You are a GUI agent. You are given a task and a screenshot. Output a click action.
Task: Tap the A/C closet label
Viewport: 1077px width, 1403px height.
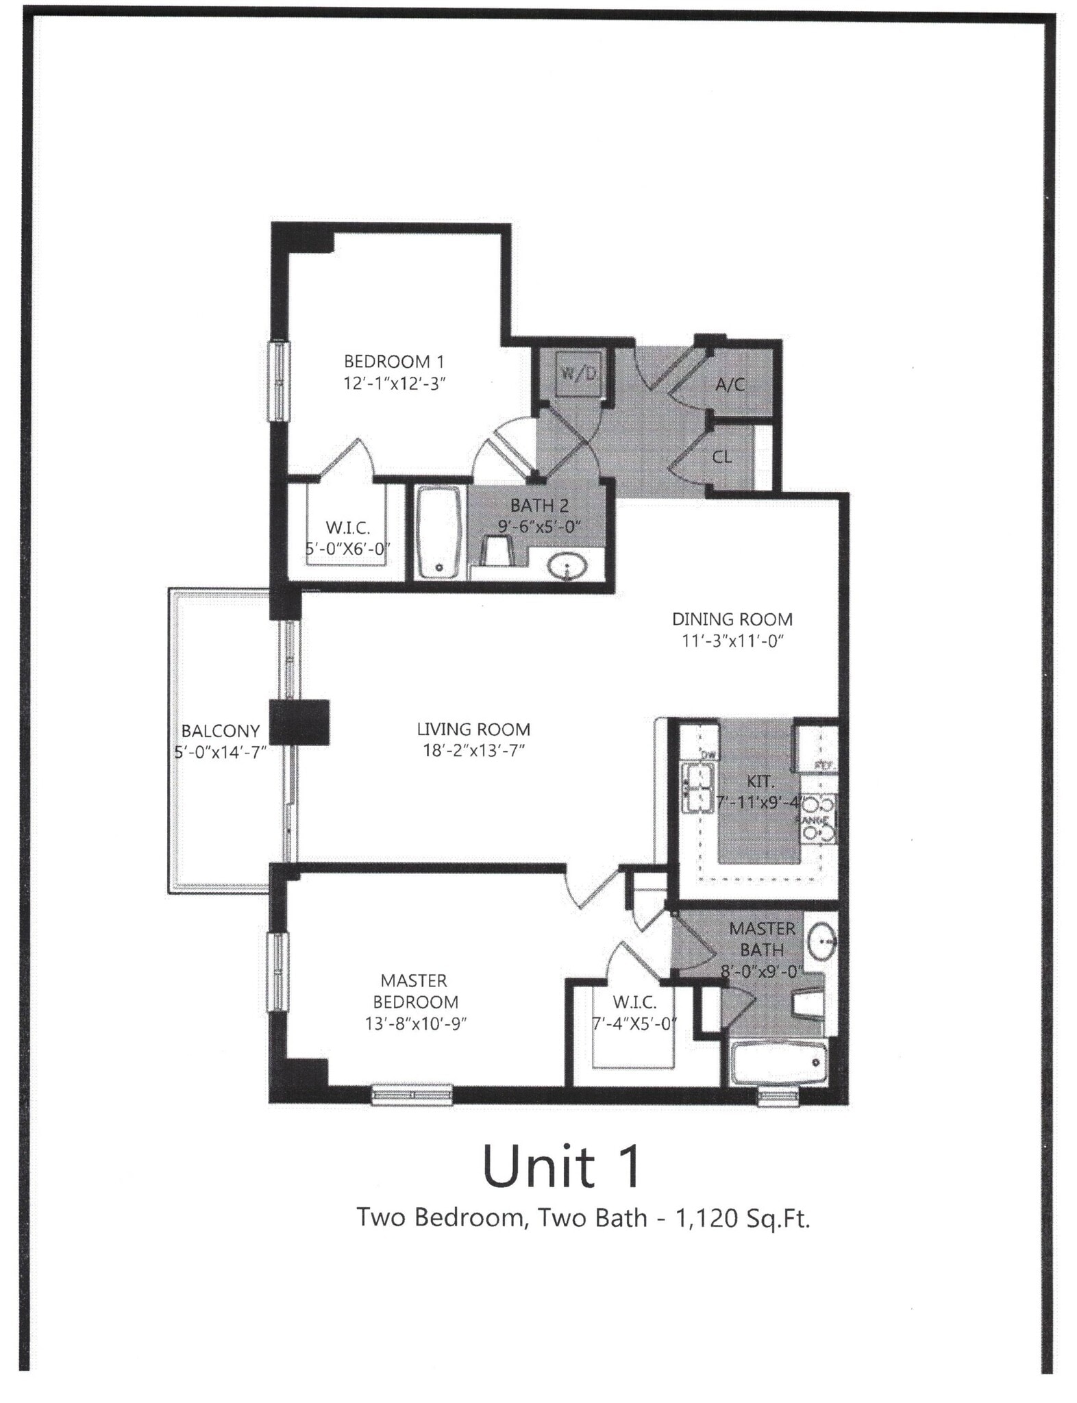pos(730,384)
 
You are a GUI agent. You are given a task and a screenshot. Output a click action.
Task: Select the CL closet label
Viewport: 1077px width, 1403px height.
pos(722,457)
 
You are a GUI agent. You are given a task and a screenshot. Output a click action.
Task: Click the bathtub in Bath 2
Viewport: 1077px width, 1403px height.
pos(438,534)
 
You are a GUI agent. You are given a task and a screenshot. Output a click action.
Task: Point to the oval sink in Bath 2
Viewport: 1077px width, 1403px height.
pos(568,567)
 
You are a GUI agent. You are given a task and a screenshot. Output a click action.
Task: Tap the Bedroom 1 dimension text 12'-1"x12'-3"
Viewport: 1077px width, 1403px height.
pos(395,384)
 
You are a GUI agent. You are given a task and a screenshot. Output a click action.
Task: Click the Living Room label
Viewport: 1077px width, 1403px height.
pos(473,730)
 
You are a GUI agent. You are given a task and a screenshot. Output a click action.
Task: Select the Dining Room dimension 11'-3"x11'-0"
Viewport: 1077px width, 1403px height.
pos(732,641)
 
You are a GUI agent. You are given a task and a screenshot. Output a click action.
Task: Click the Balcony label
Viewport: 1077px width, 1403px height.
pos(220,731)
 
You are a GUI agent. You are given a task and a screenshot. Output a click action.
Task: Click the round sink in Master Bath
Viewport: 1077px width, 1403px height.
pos(821,941)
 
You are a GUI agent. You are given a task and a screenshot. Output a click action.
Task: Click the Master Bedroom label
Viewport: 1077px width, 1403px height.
pos(414,991)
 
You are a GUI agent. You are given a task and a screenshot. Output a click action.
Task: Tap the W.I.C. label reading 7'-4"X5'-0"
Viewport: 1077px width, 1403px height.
pos(634,1013)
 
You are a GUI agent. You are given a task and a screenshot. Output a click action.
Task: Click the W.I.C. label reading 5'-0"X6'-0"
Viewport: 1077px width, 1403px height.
pos(347,538)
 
